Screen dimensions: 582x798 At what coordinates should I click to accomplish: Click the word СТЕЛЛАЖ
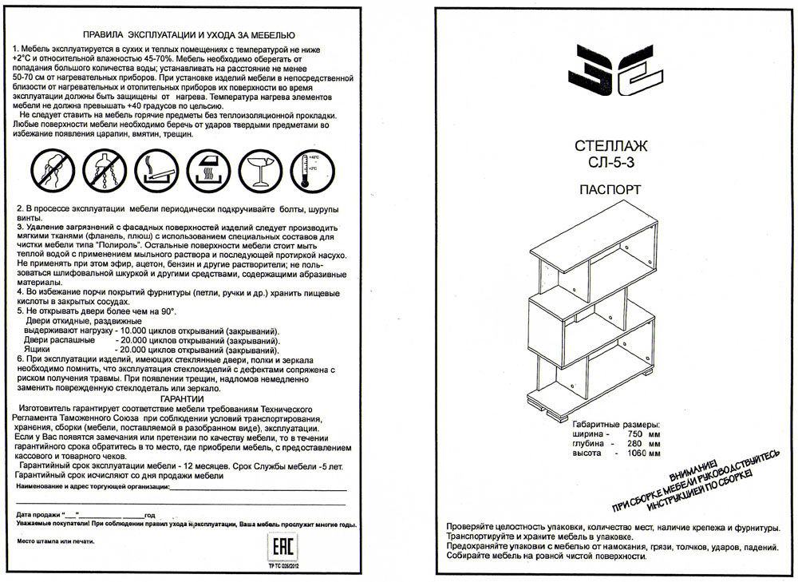tap(610, 146)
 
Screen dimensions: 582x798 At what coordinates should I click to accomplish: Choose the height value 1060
tap(636, 453)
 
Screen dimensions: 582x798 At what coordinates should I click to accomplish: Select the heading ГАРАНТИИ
tap(181, 398)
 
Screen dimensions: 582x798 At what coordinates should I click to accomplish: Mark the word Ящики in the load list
tap(38, 350)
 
